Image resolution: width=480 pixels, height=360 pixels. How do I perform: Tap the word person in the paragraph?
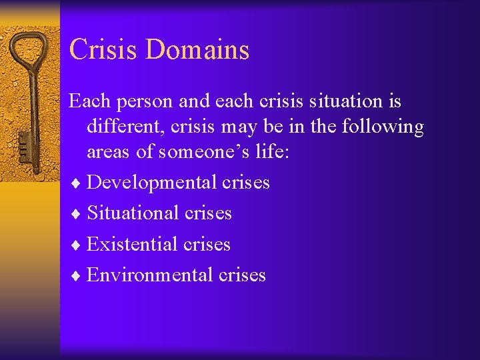click(145, 102)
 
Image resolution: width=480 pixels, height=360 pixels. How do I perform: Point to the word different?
click(127, 127)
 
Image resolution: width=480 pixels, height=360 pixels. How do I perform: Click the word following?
click(383, 127)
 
